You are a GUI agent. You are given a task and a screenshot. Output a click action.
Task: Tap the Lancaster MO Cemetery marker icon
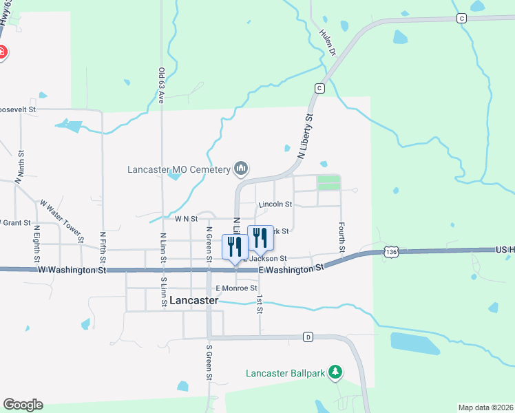[x=241, y=168]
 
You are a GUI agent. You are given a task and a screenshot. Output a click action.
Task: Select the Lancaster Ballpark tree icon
[x=335, y=372]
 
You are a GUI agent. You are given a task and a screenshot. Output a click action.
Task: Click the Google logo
[x=23, y=405]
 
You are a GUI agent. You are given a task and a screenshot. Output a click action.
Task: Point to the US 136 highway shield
[x=391, y=253]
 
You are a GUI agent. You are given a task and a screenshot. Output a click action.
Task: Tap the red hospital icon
[x=2, y=52]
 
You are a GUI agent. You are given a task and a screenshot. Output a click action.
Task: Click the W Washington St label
[x=72, y=271]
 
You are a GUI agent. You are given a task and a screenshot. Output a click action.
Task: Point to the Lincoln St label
[x=275, y=204]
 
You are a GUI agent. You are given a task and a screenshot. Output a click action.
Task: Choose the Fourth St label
[x=341, y=236]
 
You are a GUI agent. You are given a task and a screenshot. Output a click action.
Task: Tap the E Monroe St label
[x=236, y=288]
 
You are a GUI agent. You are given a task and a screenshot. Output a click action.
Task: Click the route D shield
[x=308, y=337]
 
